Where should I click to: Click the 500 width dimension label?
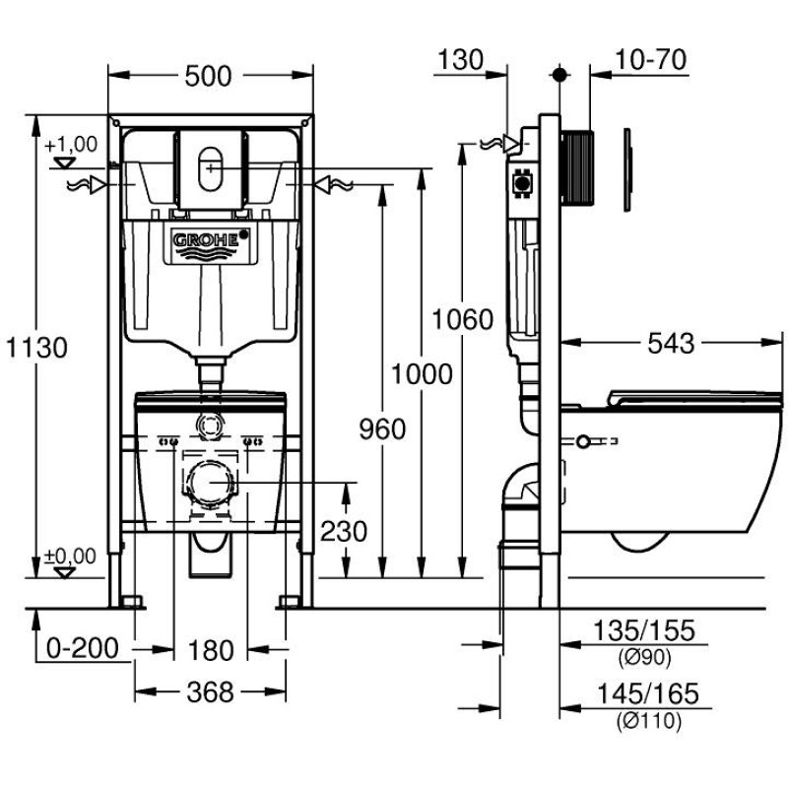pos(209,76)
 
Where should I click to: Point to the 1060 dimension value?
pos(461,319)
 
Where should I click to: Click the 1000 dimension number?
pos(422,374)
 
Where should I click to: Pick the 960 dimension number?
pos(381,428)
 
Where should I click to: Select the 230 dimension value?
pos(344,532)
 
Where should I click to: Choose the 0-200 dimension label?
pos(83,649)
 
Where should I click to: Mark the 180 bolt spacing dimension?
pos(210,650)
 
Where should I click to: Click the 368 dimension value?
pos(210,692)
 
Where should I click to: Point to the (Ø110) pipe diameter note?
pos(649,721)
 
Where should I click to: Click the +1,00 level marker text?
pos(71,144)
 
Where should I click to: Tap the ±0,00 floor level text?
pos(71,557)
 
